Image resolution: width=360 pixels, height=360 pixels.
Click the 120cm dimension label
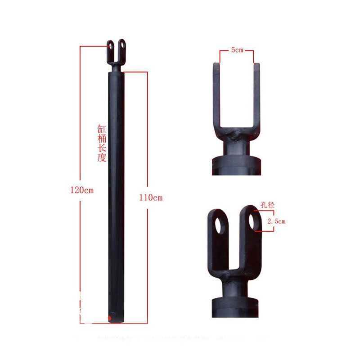[x=82, y=190]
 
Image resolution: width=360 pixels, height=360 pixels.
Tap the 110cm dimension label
[x=151, y=198]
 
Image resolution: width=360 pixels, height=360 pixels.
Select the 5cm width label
[x=237, y=49]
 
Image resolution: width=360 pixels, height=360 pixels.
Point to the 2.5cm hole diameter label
[x=276, y=221]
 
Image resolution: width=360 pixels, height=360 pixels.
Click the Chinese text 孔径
[x=267, y=205]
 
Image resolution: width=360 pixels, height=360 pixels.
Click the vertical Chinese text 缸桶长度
[x=102, y=143]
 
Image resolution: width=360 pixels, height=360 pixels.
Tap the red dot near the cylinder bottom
[x=109, y=318]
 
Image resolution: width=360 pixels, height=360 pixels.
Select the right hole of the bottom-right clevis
[x=252, y=221]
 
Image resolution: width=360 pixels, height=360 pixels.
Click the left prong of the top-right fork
[x=216, y=96]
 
